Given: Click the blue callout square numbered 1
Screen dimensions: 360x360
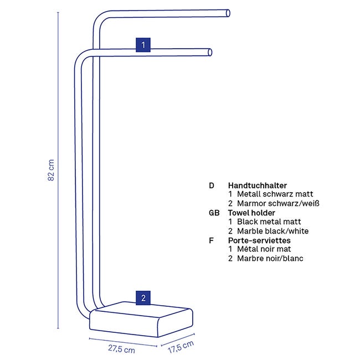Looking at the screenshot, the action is click(143, 45).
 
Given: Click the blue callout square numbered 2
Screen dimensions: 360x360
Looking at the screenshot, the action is click(143, 298).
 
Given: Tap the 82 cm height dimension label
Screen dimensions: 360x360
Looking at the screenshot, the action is click(51, 170).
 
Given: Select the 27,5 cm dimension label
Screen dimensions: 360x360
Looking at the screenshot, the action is click(121, 349).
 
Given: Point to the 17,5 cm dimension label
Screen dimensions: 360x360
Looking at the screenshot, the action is click(181, 347).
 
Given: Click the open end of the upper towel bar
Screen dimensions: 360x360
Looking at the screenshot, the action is click(228, 13).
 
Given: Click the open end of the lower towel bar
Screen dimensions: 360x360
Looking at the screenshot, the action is click(210, 53).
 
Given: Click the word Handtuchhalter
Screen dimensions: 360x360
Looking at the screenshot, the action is click(258, 186).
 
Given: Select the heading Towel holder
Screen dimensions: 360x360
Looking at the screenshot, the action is click(251, 213).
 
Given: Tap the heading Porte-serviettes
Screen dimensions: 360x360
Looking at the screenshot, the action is click(259, 240).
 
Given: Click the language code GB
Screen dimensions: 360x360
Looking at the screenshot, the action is click(214, 213).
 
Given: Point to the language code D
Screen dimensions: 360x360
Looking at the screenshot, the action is click(212, 186).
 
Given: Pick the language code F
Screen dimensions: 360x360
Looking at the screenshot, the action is click(211, 240).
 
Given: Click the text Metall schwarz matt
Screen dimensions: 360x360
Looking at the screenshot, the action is click(275, 194).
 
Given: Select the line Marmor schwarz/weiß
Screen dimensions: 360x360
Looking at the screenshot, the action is click(278, 203).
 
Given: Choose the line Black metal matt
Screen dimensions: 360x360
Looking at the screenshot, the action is click(269, 222).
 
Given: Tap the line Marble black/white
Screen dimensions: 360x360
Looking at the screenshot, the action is click(272, 231).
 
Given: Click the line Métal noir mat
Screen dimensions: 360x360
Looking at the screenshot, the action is click(264, 249).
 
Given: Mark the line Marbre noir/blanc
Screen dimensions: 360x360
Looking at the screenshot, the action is click(270, 258).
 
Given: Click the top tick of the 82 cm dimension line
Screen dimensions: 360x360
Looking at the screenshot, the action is click(58, 12).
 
